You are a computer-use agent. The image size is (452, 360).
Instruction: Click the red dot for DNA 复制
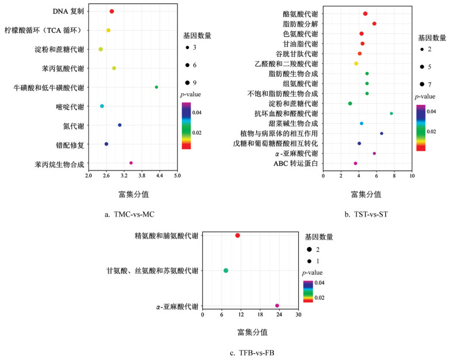pyautogui.click(x=112, y=12)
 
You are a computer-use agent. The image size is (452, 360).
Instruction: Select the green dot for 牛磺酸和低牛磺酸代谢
pyautogui.click(x=157, y=87)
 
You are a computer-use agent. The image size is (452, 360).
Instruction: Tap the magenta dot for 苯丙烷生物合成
pyautogui.click(x=131, y=163)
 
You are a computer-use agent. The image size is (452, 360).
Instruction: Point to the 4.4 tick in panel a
pyautogui.click(x=159, y=175)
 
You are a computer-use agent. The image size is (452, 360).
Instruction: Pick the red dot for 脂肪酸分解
pyautogui.click(x=374, y=24)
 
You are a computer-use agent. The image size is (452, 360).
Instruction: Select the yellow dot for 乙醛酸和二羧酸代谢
pyautogui.click(x=356, y=63)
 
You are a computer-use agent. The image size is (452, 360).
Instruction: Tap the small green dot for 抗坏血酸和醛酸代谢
pyautogui.click(x=392, y=113)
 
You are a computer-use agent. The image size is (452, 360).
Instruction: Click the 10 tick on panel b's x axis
pyautogui.click(x=412, y=175)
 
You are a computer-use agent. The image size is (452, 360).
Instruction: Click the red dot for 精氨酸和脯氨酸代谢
pyautogui.click(x=237, y=236)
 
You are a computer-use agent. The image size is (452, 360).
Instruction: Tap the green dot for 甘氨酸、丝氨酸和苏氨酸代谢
pyautogui.click(x=226, y=271)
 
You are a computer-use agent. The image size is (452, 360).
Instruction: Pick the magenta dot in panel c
pyautogui.click(x=277, y=306)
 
